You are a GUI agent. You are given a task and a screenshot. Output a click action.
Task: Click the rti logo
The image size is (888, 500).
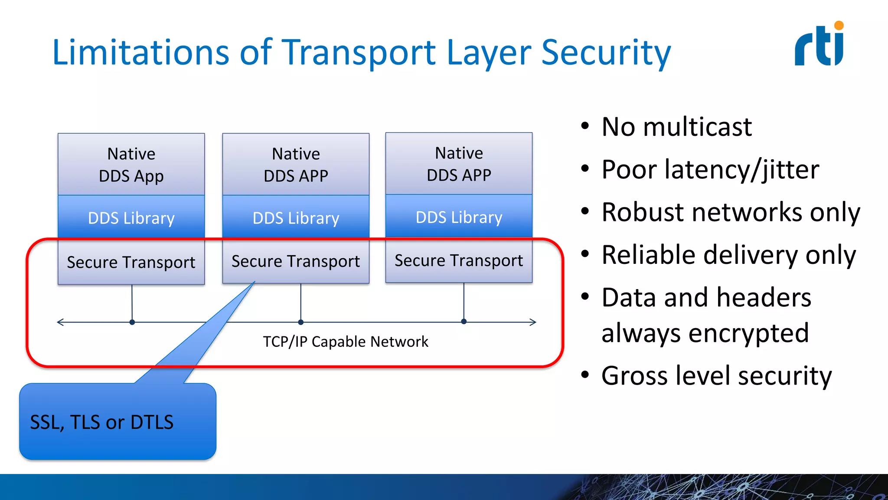(x=819, y=45)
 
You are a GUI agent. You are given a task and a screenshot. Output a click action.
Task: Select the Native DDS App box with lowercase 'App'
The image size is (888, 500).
(x=131, y=164)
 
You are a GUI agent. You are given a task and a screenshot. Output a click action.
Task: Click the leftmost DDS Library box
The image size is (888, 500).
(x=131, y=217)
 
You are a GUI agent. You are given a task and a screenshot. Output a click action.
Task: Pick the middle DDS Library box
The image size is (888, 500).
(x=296, y=217)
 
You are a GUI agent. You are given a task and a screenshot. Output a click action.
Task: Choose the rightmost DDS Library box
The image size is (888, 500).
(x=459, y=217)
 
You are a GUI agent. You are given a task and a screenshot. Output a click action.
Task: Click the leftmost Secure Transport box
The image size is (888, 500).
(x=131, y=262)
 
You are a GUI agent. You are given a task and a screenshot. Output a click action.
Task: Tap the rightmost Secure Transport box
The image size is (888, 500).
(x=459, y=260)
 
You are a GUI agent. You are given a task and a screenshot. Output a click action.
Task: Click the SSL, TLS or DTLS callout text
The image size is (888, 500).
(x=102, y=422)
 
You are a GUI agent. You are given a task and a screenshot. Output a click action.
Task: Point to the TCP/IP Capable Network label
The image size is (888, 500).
(x=346, y=342)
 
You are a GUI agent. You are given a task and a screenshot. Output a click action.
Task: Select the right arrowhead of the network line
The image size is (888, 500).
(x=533, y=322)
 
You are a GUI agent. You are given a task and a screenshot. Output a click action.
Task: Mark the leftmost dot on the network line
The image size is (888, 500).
(x=132, y=322)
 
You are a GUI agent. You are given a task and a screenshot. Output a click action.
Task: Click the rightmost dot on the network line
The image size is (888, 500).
(x=464, y=322)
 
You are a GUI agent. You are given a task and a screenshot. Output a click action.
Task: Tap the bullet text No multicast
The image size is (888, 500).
(x=676, y=127)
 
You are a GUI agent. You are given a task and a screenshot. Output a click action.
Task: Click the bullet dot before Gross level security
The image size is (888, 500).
(x=585, y=375)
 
